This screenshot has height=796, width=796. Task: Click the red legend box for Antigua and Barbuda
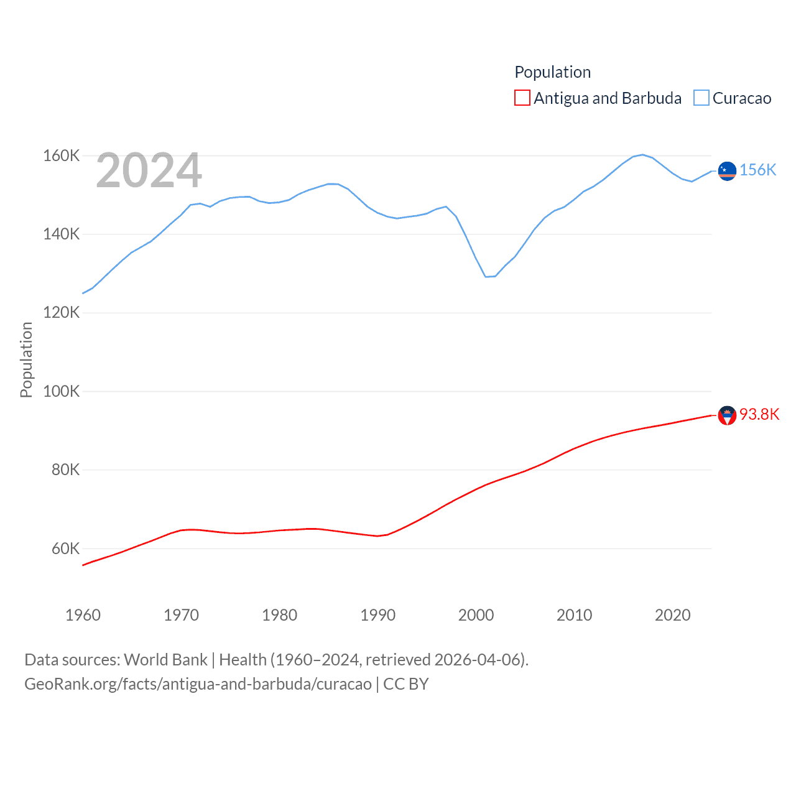(x=522, y=98)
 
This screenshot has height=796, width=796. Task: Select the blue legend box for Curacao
(x=701, y=98)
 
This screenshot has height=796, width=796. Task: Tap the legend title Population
(x=552, y=72)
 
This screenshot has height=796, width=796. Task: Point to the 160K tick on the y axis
(x=61, y=155)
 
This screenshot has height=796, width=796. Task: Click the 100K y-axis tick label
(x=61, y=391)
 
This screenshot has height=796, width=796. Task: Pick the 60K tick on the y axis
(x=65, y=548)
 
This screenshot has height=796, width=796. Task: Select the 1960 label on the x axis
(x=83, y=615)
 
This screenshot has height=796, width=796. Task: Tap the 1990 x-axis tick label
(x=377, y=615)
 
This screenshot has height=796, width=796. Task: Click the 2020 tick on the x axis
(x=672, y=615)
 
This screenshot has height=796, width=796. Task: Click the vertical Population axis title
(x=26, y=359)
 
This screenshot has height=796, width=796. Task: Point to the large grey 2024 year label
(x=149, y=170)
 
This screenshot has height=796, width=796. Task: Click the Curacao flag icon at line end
(x=727, y=170)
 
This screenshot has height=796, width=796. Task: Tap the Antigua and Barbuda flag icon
(x=727, y=415)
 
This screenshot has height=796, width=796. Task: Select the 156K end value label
(x=757, y=170)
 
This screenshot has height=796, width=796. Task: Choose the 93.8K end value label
(x=759, y=415)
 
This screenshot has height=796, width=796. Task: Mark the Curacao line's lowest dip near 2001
(x=486, y=277)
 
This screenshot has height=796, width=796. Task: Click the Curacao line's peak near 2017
(x=642, y=155)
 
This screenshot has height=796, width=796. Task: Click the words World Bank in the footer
(x=165, y=659)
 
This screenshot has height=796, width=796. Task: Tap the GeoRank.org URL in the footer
(x=198, y=684)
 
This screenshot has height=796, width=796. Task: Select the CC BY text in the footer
(x=405, y=684)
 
